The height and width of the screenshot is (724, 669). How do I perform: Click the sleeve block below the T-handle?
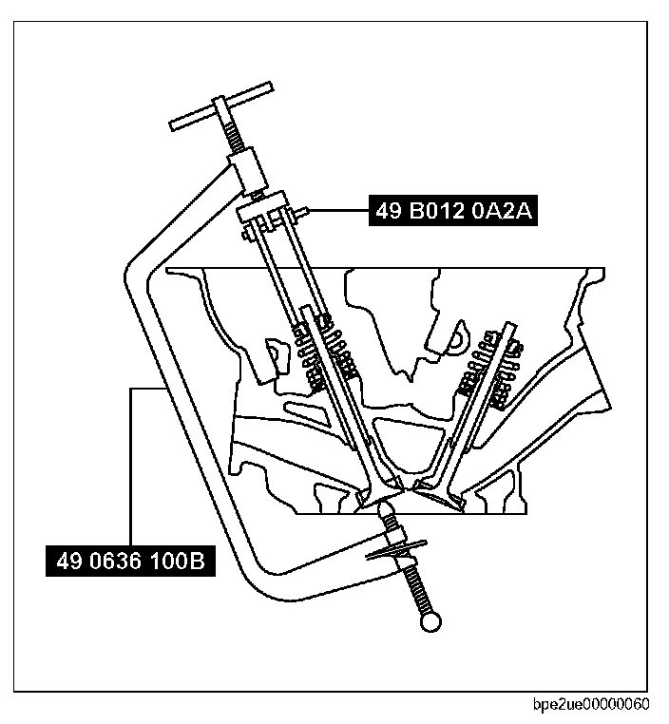coord(249,172)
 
